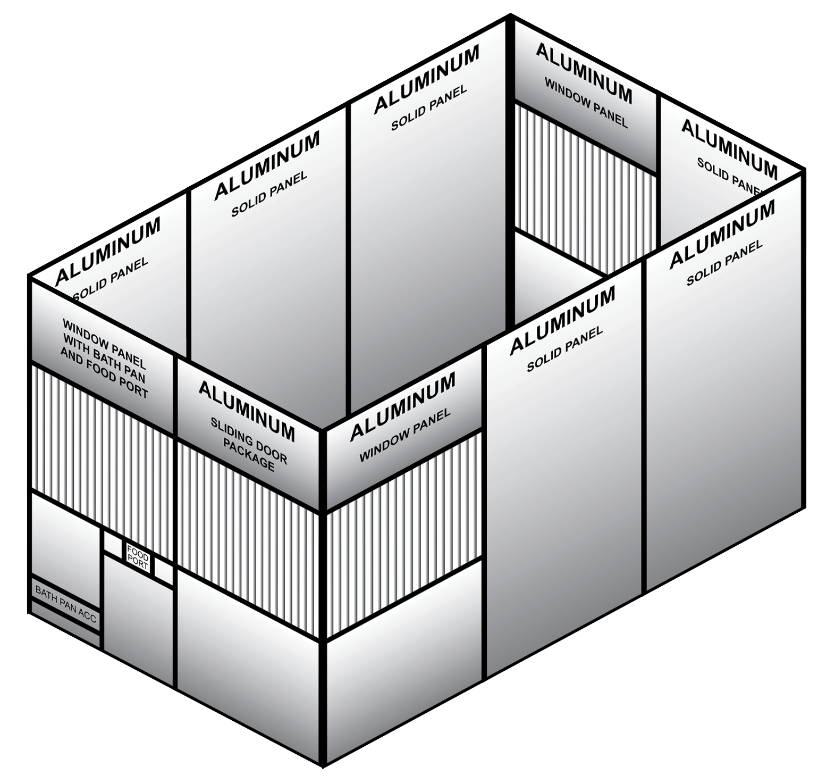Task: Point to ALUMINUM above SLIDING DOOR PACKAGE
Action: [247, 410]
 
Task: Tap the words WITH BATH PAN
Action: [105, 358]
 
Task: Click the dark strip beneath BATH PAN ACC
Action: [65, 623]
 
